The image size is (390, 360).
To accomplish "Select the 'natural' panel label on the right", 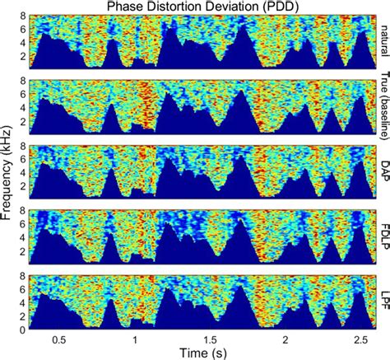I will [383, 42].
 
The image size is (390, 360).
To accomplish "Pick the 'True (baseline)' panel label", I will [383, 105].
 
